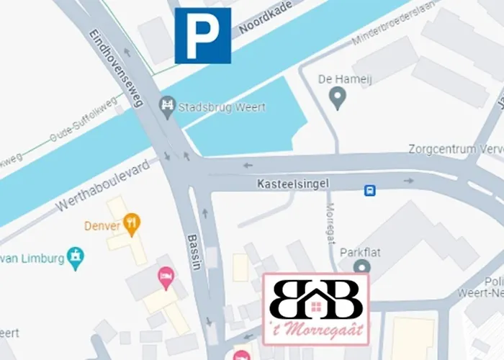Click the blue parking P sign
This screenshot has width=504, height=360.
coord(203,36)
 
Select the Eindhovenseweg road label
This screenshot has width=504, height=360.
coord(117,68)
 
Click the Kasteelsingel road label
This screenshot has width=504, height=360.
coord(292,184)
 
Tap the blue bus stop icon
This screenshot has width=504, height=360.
coord(369,190)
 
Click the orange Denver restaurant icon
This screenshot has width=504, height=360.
coord(131,224)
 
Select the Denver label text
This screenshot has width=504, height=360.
coord(102,225)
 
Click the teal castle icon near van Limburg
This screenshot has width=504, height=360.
coord(75,255)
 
